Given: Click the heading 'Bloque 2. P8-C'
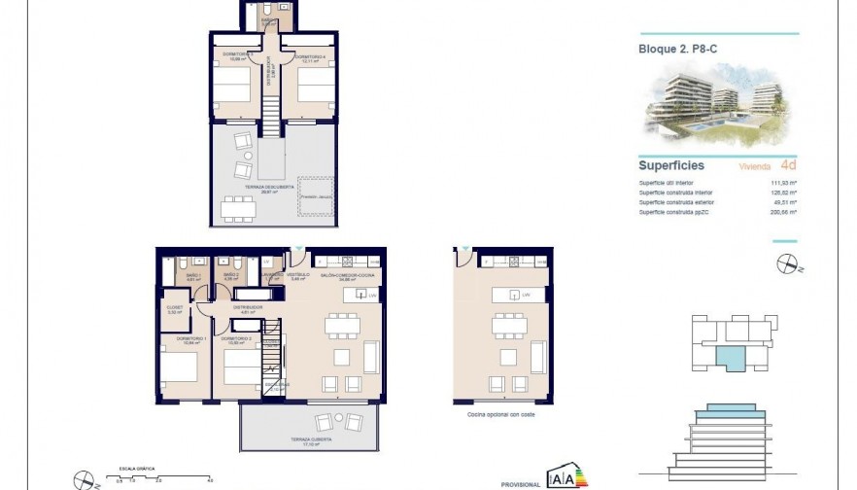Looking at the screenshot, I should click(678, 48).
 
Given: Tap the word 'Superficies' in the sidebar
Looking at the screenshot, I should click(671, 165).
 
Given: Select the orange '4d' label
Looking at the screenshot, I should click(788, 165).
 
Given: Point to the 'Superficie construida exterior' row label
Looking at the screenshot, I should click(681, 202).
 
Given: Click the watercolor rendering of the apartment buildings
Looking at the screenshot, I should click(718, 103).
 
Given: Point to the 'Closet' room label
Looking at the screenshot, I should click(175, 310).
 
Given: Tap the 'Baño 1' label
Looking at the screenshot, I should click(191, 277).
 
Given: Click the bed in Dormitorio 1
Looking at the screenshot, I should click(179, 370).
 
